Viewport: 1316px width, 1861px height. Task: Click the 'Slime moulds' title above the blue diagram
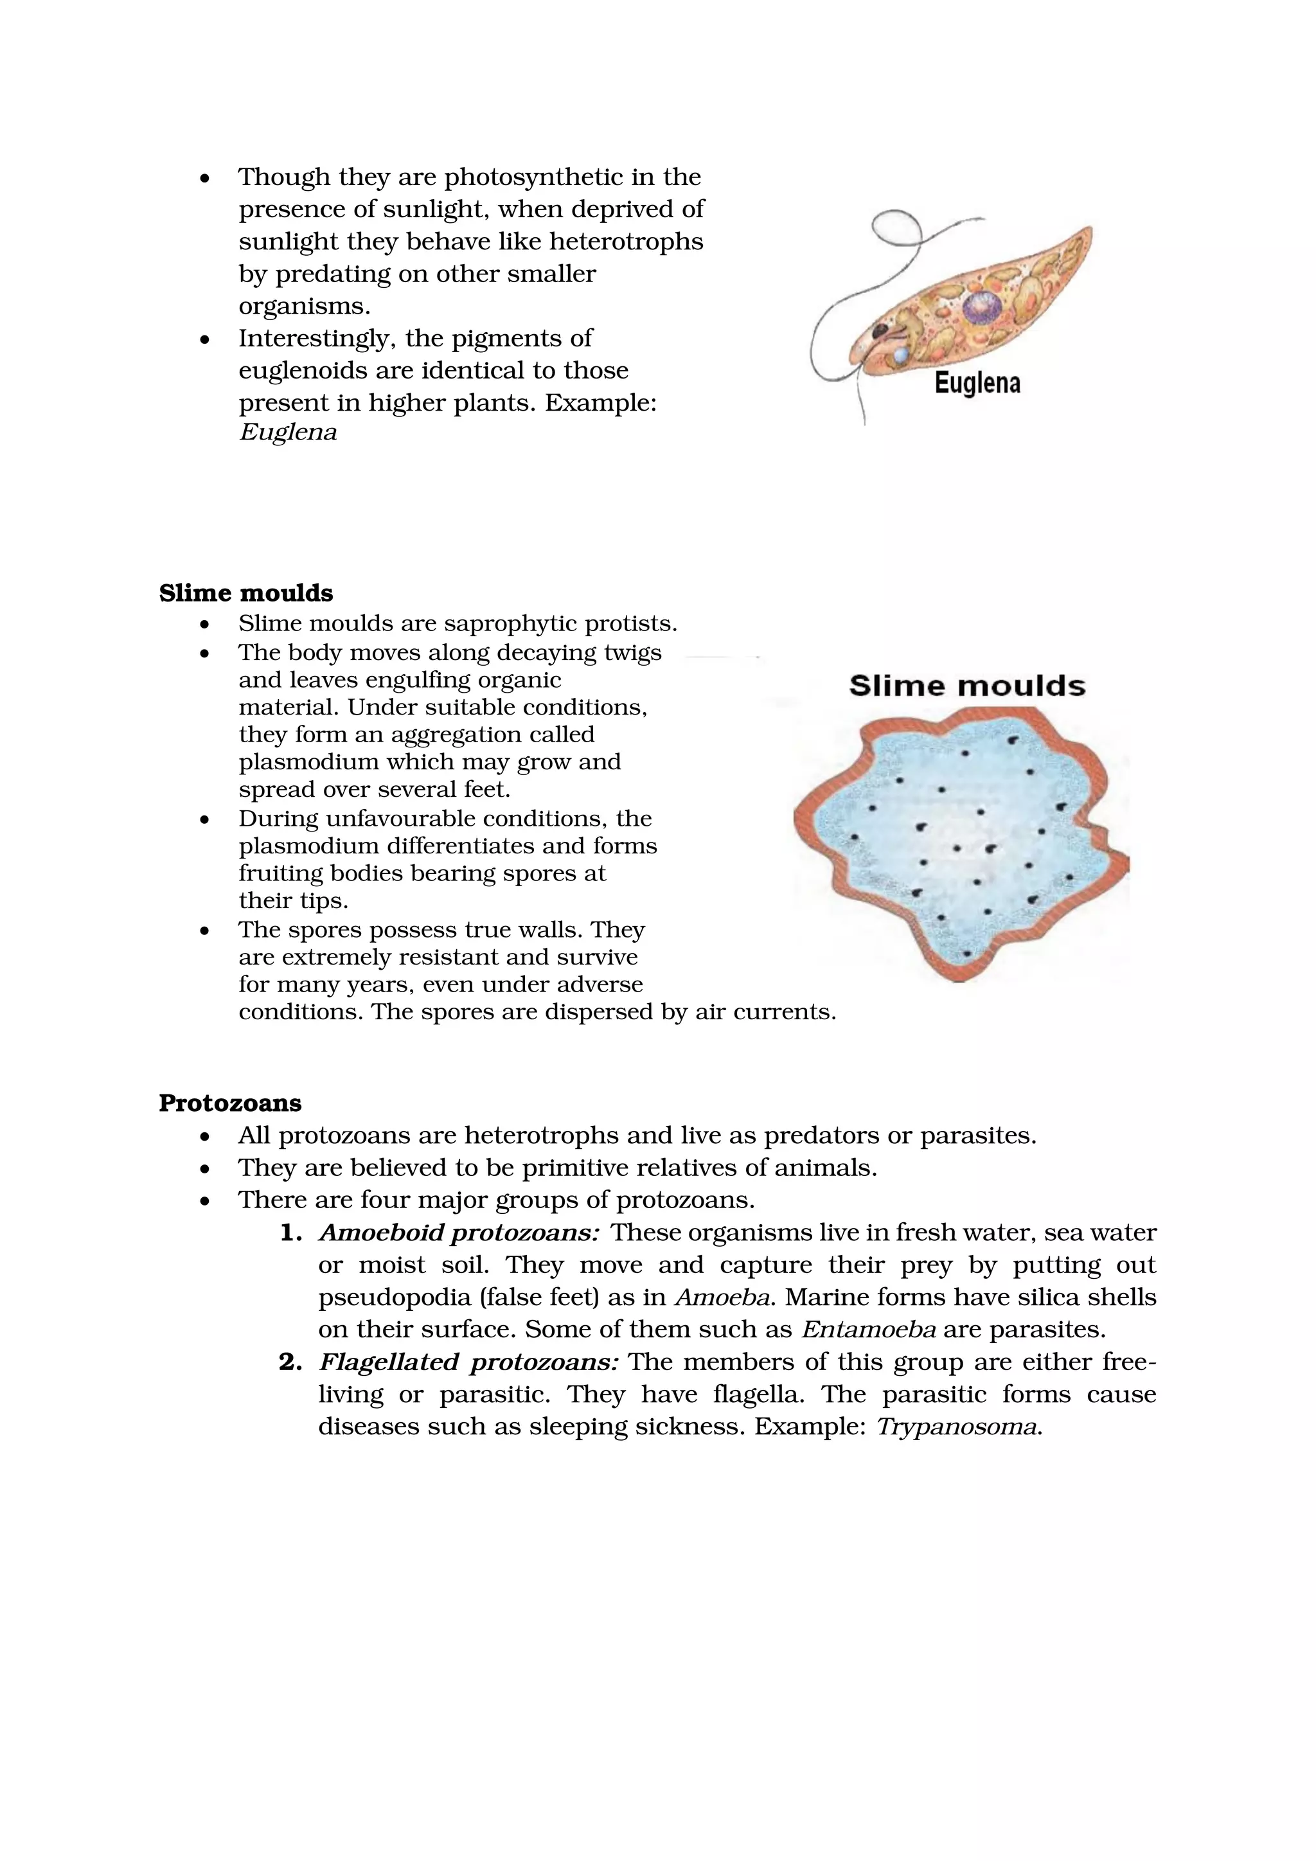pyautogui.click(x=966, y=686)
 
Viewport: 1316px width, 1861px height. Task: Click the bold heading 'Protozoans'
pyautogui.click(x=230, y=1103)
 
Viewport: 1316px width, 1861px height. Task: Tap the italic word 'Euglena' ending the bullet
pyautogui.click(x=288, y=432)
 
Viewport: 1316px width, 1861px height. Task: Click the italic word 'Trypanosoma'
pyautogui.click(x=957, y=1427)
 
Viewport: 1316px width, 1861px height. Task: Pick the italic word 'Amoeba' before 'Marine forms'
pyautogui.click(x=722, y=1297)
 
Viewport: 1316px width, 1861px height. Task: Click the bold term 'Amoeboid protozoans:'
pyautogui.click(x=459, y=1233)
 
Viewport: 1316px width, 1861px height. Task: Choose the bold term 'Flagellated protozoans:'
pyautogui.click(x=468, y=1362)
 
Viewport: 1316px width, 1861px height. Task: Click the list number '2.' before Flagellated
pyautogui.click(x=290, y=1362)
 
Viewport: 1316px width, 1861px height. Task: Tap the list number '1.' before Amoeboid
pyautogui.click(x=290, y=1233)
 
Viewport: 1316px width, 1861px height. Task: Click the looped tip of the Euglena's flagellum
pyautogui.click(x=898, y=224)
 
